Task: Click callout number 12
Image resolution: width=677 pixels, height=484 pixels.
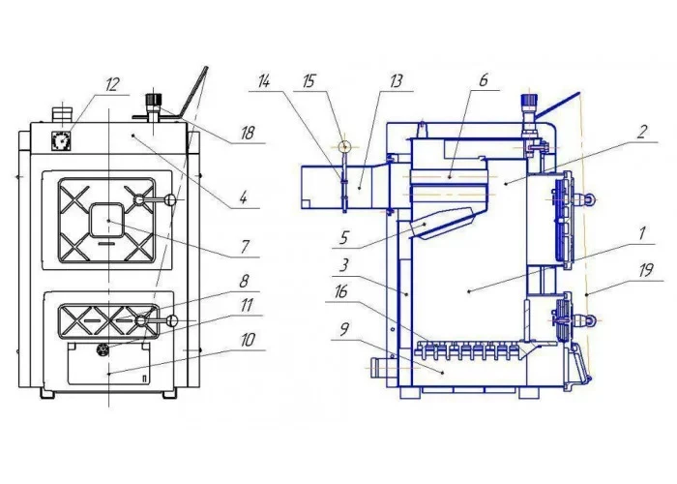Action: (x=112, y=84)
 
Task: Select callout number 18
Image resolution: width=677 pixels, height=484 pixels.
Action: (x=248, y=134)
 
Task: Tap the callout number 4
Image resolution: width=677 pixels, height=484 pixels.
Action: (x=244, y=198)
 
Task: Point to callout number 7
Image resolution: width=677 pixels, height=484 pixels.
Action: (x=245, y=246)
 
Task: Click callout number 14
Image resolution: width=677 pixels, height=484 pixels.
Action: (x=263, y=81)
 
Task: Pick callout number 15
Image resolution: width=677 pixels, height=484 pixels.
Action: (x=309, y=81)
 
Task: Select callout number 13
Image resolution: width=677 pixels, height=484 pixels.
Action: (x=396, y=81)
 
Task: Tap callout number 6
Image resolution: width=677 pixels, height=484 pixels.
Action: (x=484, y=80)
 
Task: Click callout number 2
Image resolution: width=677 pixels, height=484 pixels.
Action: (x=642, y=132)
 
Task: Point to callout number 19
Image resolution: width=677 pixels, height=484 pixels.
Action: (x=646, y=270)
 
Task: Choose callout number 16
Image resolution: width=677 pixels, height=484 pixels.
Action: (x=341, y=291)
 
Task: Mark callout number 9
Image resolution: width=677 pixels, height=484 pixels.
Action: (x=344, y=330)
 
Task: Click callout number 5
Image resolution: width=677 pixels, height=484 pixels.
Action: (x=343, y=237)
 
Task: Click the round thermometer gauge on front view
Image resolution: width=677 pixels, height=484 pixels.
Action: (x=61, y=140)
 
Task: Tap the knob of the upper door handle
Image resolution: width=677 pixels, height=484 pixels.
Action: (x=170, y=199)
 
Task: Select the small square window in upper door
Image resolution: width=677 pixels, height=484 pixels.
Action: (x=107, y=221)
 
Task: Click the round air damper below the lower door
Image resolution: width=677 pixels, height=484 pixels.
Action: (x=103, y=348)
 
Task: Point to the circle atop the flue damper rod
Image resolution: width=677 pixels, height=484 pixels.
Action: (x=344, y=146)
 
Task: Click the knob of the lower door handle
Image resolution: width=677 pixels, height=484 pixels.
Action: (x=172, y=320)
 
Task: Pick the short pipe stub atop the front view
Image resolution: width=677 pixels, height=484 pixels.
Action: (x=63, y=114)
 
